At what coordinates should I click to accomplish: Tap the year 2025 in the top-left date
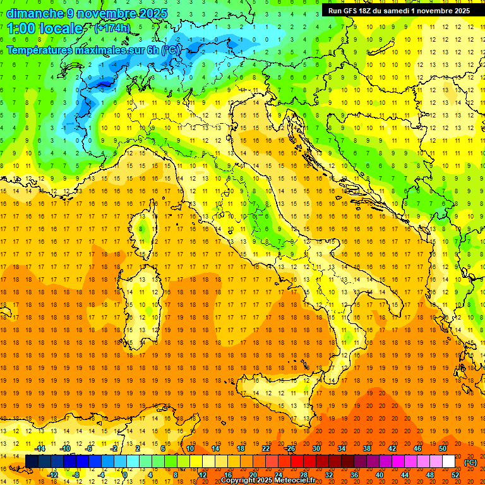tap(152, 13)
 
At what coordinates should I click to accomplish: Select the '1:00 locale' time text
tap(45, 28)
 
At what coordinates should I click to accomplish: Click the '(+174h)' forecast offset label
tap(112, 28)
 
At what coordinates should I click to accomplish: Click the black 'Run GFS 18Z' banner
tap(398, 11)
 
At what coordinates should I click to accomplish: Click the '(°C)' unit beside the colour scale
tap(470, 462)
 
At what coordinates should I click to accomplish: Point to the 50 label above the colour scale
tap(443, 448)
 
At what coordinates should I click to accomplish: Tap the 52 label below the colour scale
tap(455, 475)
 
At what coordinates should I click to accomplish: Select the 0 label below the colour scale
tap(126, 475)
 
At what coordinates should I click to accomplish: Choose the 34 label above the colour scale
tap(342, 448)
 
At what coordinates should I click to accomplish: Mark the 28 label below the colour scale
tap(304, 475)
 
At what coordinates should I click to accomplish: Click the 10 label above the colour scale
tap(190, 448)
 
